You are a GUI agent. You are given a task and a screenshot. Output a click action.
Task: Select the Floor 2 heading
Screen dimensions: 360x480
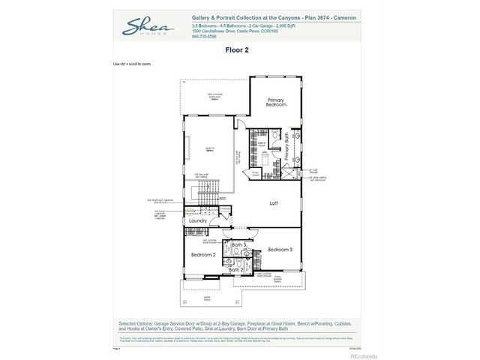pyautogui.click(x=237, y=51)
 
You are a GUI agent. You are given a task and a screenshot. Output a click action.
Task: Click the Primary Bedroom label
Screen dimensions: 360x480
pyautogui.click(x=276, y=102)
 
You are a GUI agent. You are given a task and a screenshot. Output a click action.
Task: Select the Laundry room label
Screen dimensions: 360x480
pyautogui.click(x=198, y=221)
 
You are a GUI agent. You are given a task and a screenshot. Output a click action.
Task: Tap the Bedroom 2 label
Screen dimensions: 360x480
pyautogui.click(x=202, y=255)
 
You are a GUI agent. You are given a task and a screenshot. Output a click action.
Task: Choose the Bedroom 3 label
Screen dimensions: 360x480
pyautogui.click(x=279, y=249)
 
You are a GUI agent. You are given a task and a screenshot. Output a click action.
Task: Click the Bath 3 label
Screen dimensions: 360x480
pyautogui.click(x=238, y=245)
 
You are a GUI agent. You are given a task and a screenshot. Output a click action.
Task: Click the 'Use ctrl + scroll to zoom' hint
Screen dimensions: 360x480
pyautogui.click(x=131, y=64)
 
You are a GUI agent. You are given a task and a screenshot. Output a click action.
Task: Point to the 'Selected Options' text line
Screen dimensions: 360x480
pyautogui.click(x=240, y=323)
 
